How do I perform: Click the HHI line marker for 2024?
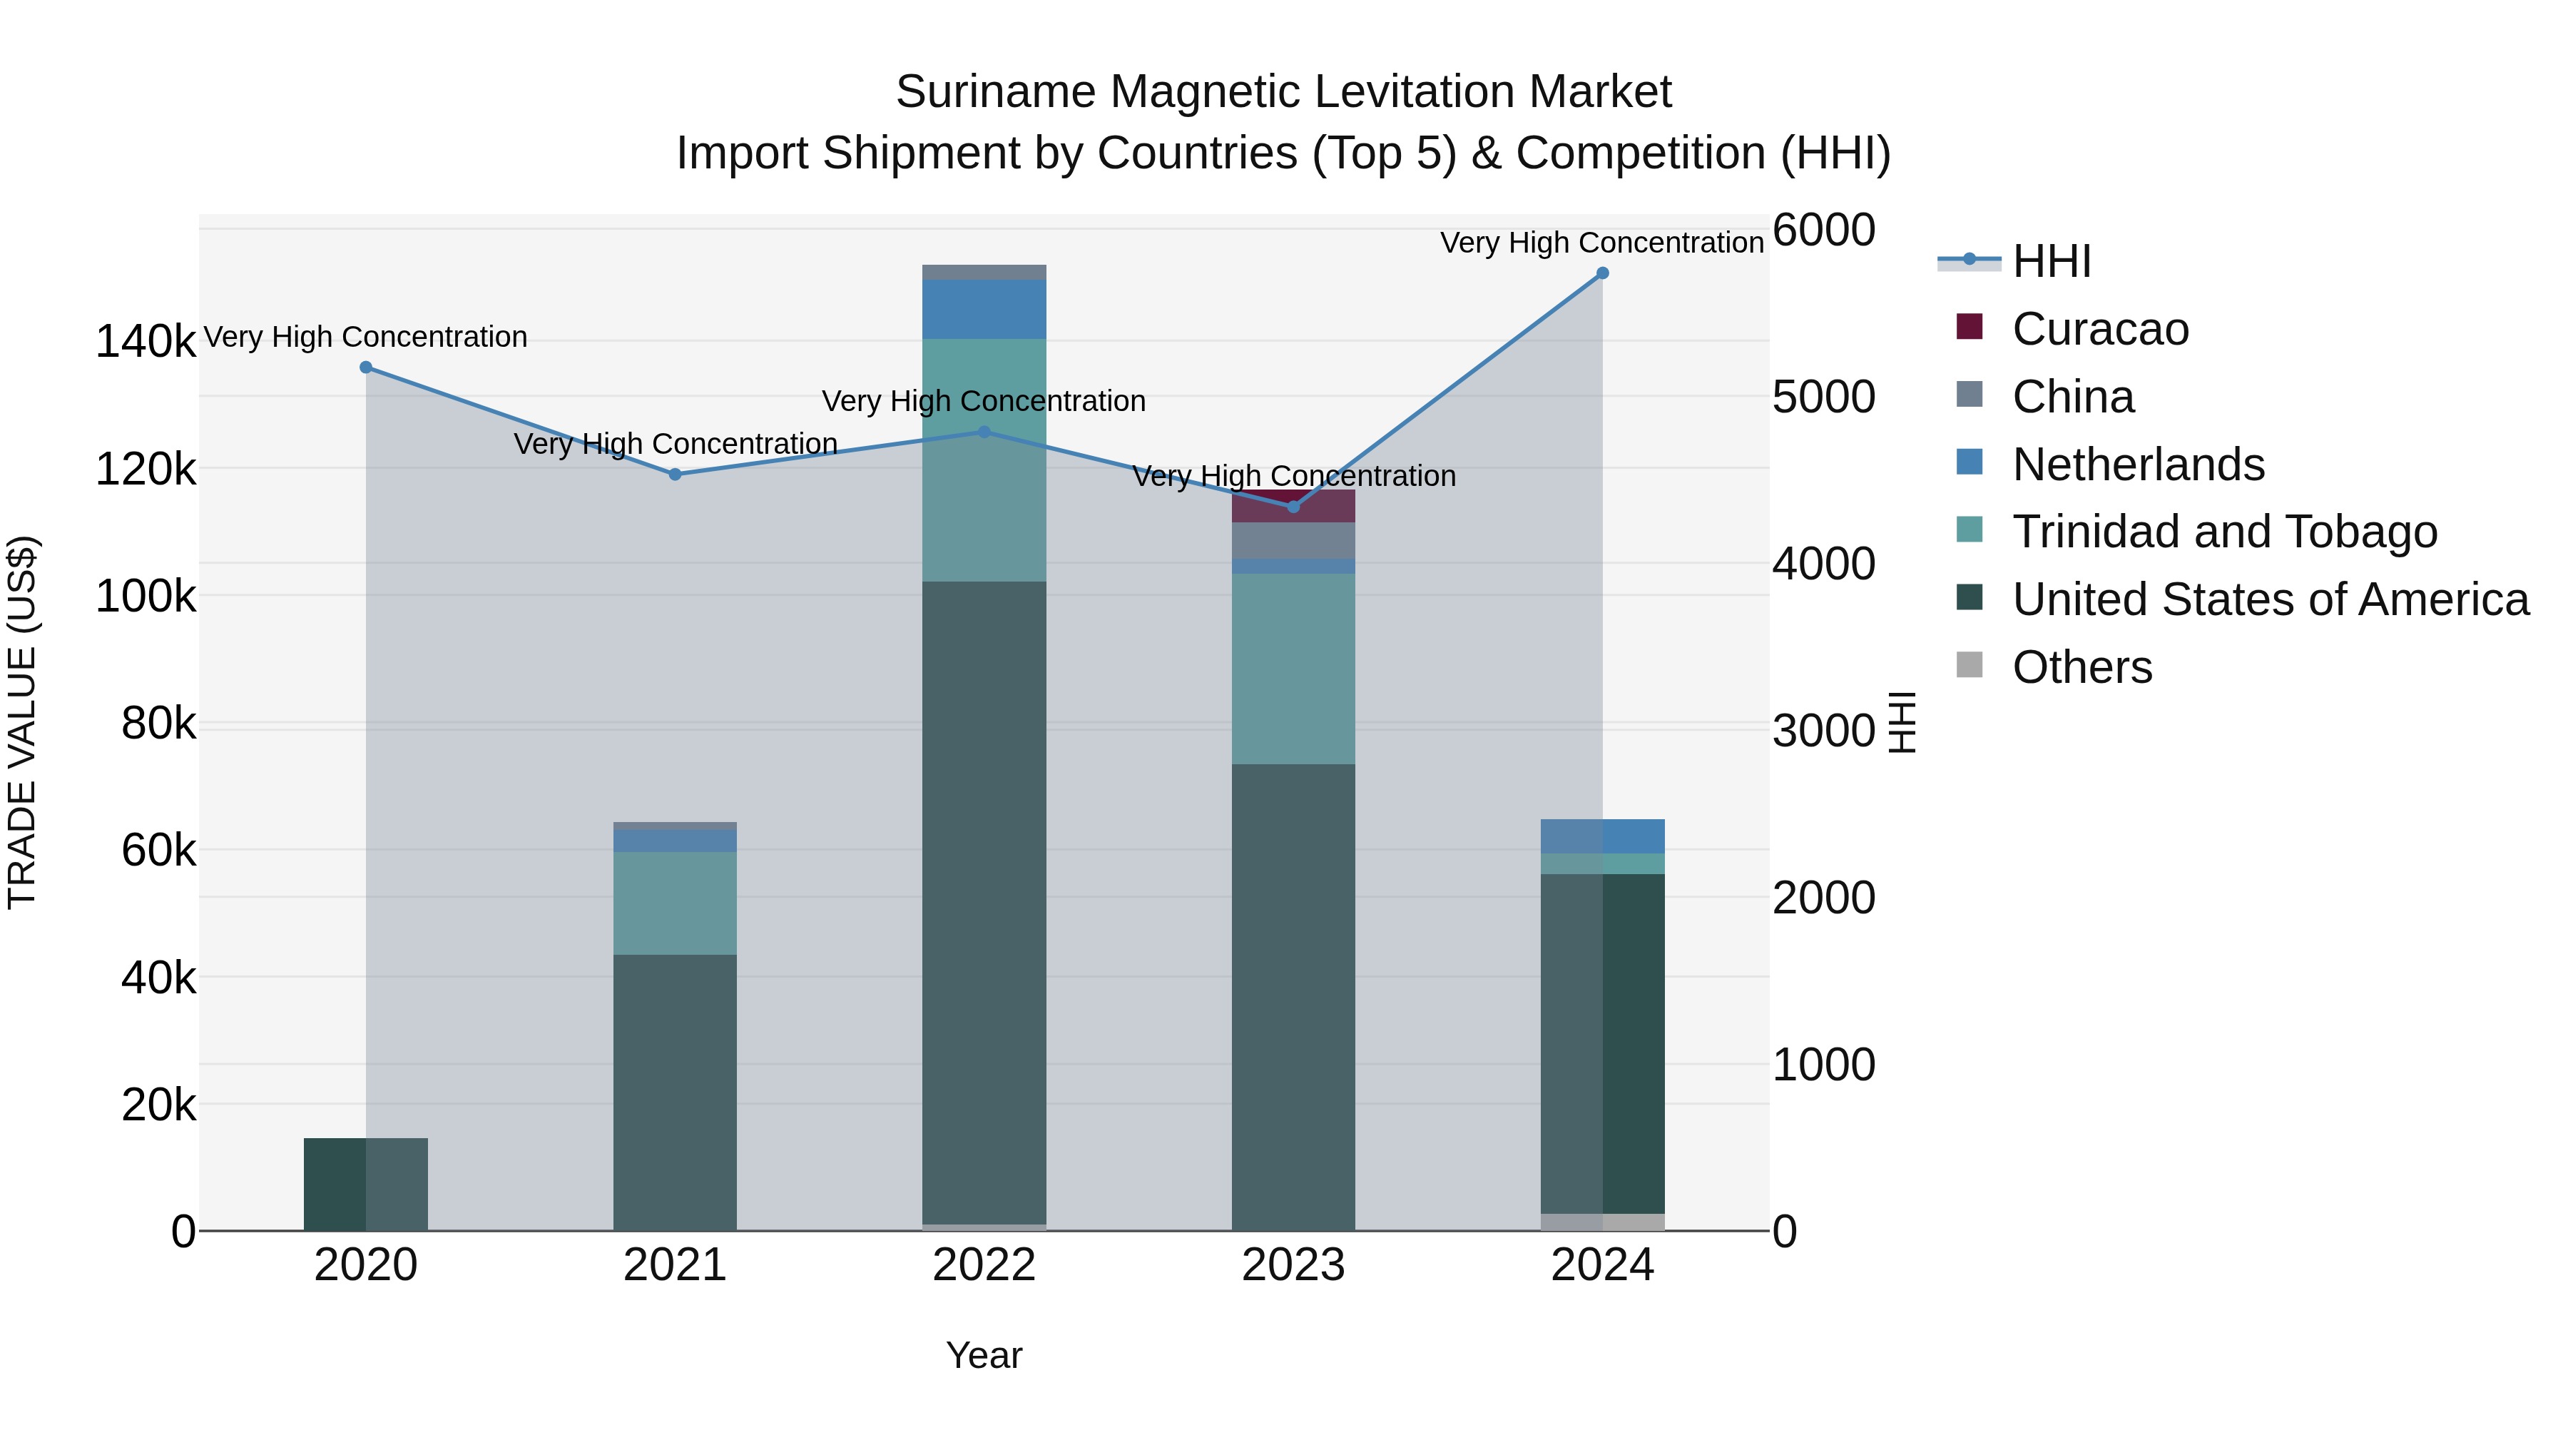click(1602, 273)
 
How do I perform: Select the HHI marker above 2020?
click(366, 367)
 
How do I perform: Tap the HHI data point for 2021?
click(675, 475)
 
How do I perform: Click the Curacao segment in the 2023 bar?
click(1293, 507)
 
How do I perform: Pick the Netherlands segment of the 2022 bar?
click(984, 309)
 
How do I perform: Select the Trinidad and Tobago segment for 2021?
click(675, 903)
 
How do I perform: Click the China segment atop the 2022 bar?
click(984, 273)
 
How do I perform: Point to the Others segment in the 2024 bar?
click(1602, 1222)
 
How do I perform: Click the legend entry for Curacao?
click(2099, 329)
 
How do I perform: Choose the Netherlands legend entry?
click(2137, 465)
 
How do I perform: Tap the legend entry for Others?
click(2082, 667)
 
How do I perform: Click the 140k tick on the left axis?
click(146, 342)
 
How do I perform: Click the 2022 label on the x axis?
click(984, 1265)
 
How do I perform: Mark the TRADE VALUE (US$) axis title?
click(22, 722)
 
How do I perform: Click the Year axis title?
click(984, 1355)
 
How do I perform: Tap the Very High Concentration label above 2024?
click(1602, 243)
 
